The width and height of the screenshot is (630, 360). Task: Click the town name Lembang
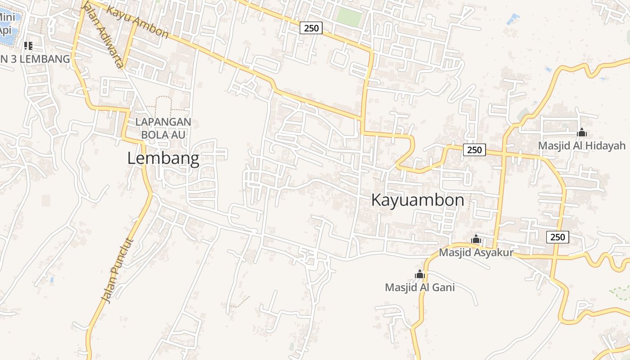tap(163, 158)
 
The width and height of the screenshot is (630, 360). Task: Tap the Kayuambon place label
tap(417, 200)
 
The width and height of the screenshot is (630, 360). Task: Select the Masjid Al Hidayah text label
tap(581, 146)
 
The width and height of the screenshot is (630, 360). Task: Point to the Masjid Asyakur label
tap(476, 252)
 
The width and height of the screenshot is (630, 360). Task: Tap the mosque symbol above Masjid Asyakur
tap(476, 239)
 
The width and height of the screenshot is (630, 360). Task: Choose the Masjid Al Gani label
tap(419, 287)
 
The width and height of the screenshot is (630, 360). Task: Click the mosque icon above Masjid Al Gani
tap(419, 274)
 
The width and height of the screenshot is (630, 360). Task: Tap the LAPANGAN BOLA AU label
tap(163, 128)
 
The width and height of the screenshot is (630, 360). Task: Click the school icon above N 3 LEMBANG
tap(28, 45)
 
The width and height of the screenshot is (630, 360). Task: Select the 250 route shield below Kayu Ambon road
tap(311, 28)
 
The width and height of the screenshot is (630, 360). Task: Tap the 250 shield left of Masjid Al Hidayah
tap(474, 150)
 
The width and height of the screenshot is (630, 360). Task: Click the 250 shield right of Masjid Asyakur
tap(557, 237)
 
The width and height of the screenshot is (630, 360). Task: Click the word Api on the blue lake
tap(5, 30)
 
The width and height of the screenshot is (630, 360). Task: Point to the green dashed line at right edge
tap(621, 292)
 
